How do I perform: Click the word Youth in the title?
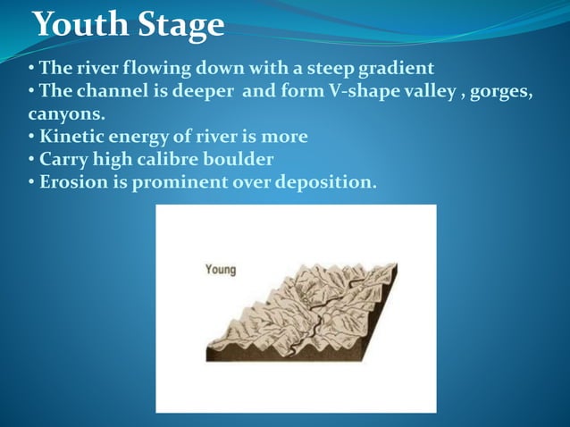tap(75, 24)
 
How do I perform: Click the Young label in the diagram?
tap(221, 269)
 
